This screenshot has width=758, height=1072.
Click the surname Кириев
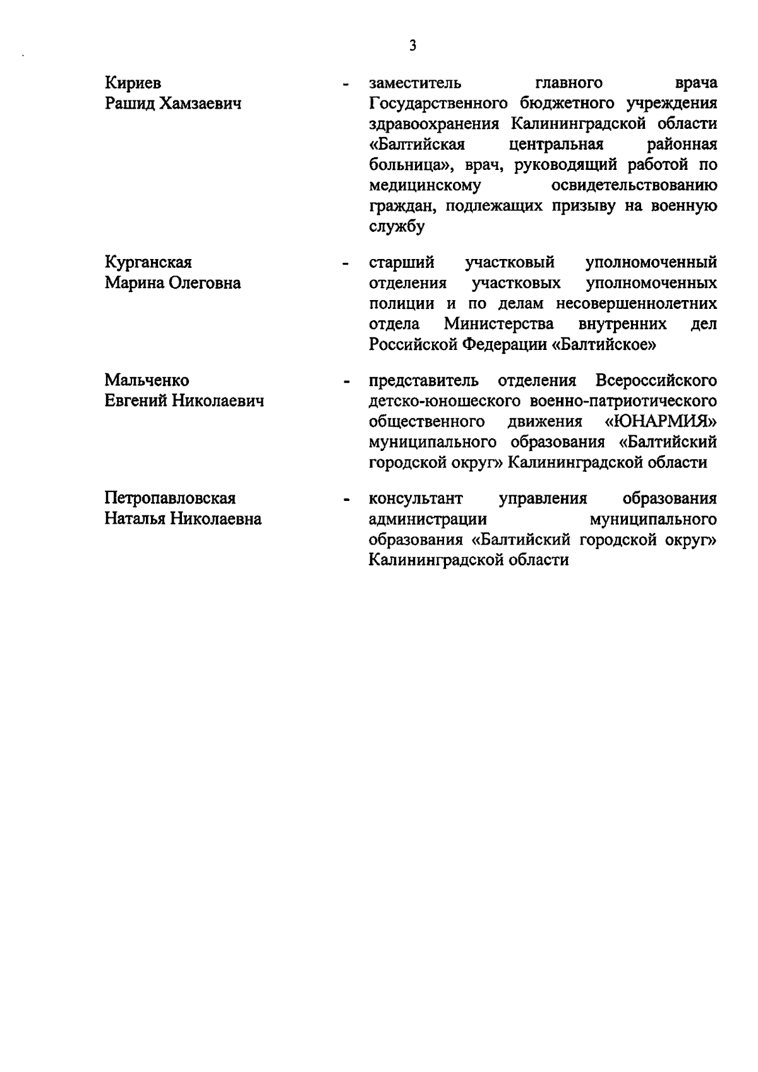pyautogui.click(x=133, y=83)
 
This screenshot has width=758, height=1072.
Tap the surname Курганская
pyautogui.click(x=148, y=262)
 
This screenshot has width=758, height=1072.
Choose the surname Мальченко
pyautogui.click(x=147, y=380)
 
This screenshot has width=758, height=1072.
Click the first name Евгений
pyautogui.click(x=136, y=401)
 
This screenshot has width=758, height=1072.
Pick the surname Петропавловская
pyautogui.click(x=170, y=498)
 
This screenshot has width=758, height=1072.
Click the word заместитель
pyautogui.click(x=415, y=83)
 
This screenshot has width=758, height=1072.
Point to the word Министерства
pyautogui.click(x=499, y=324)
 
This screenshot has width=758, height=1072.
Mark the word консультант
pyautogui.click(x=416, y=498)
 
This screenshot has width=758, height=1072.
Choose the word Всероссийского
pyautogui.click(x=656, y=380)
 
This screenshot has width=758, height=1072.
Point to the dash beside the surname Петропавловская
pyautogui.click(x=345, y=500)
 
